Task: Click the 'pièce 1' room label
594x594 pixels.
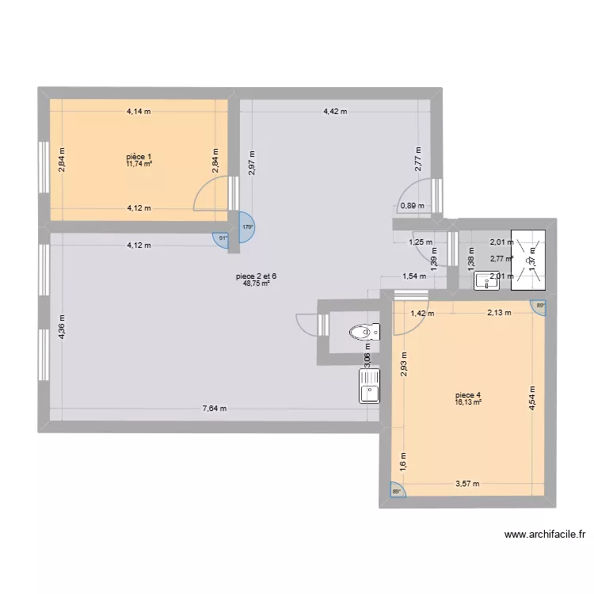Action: pyautogui.click(x=139, y=156)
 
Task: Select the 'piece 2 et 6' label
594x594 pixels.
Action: pyautogui.click(x=257, y=276)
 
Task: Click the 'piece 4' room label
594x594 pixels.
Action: pyautogui.click(x=468, y=395)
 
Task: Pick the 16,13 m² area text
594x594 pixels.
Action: pyautogui.click(x=468, y=402)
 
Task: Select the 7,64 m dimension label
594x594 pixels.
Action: pyautogui.click(x=215, y=409)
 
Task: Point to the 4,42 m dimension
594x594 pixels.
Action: pyautogui.click(x=335, y=112)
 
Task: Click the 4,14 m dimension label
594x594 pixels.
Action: pyautogui.click(x=139, y=112)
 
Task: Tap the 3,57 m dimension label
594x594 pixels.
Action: pyautogui.click(x=466, y=483)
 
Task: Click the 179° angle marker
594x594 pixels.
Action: pyautogui.click(x=247, y=227)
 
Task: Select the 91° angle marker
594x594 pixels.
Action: pyautogui.click(x=223, y=238)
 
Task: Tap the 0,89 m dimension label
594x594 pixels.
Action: pyautogui.click(x=412, y=206)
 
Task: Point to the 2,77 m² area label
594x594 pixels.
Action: pyautogui.click(x=501, y=258)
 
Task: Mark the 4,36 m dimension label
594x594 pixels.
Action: pyautogui.click(x=61, y=327)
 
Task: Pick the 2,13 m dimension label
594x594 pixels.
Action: pyautogui.click(x=499, y=313)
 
